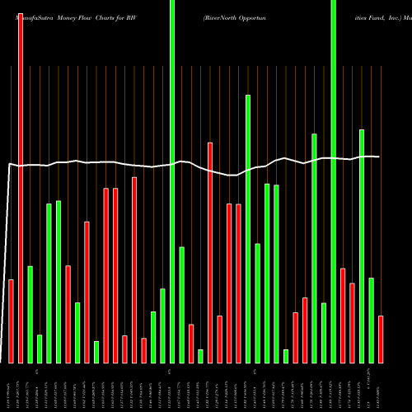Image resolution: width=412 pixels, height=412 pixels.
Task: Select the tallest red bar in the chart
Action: pyautogui.click(x=20, y=181)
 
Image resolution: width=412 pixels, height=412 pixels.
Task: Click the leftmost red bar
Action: pyautogui.click(x=11, y=321)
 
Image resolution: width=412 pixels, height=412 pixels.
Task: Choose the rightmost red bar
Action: pyautogui.click(x=380, y=339)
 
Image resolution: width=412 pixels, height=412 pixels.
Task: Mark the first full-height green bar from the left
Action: pyautogui.click(x=172, y=181)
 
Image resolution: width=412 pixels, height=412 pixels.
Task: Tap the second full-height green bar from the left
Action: pyautogui.click(x=333, y=181)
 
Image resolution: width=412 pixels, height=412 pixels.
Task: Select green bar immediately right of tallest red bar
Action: pyautogui.click(x=30, y=314)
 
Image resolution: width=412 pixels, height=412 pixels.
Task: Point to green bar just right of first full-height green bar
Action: pyautogui.click(x=181, y=305)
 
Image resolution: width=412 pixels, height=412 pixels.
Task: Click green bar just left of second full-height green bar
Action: pyautogui.click(x=324, y=333)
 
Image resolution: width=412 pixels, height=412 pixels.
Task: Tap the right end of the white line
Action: pyautogui.click(x=379, y=157)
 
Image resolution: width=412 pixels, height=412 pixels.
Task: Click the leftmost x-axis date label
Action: pyautogui.click(x=11, y=387)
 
